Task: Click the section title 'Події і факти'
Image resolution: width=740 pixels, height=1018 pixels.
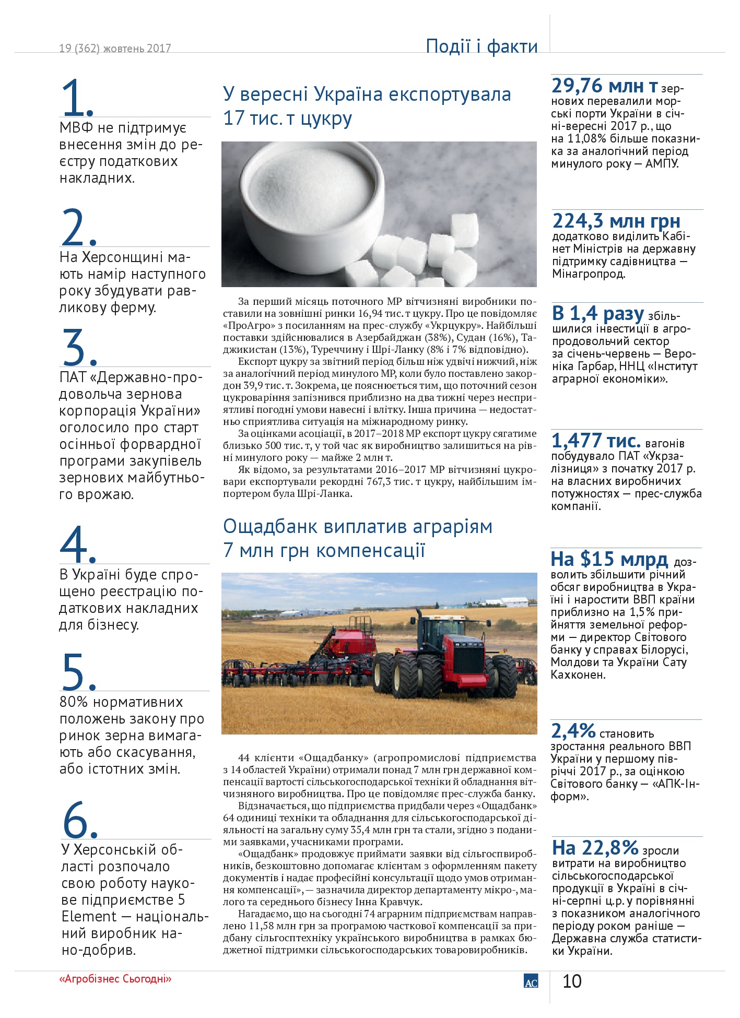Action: point(481,46)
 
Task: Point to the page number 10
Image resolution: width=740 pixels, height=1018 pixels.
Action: point(572,981)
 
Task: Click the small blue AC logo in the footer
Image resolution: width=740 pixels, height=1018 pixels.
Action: point(531,981)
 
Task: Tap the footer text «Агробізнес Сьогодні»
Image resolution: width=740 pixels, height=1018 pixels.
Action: point(115,979)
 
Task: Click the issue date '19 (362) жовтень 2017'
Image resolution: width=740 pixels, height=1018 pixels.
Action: point(115,49)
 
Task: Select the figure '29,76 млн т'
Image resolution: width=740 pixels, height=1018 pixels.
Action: point(604,86)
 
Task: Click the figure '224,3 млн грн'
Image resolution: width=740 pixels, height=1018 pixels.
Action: point(616,221)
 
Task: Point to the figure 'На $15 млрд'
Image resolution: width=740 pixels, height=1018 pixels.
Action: point(609,559)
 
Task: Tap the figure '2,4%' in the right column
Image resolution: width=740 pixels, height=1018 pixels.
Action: point(573,731)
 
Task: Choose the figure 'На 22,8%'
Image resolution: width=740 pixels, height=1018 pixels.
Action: point(595,847)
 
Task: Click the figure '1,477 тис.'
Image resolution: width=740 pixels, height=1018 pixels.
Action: point(595,441)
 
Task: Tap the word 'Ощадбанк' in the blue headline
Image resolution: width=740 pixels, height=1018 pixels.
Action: point(271,527)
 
